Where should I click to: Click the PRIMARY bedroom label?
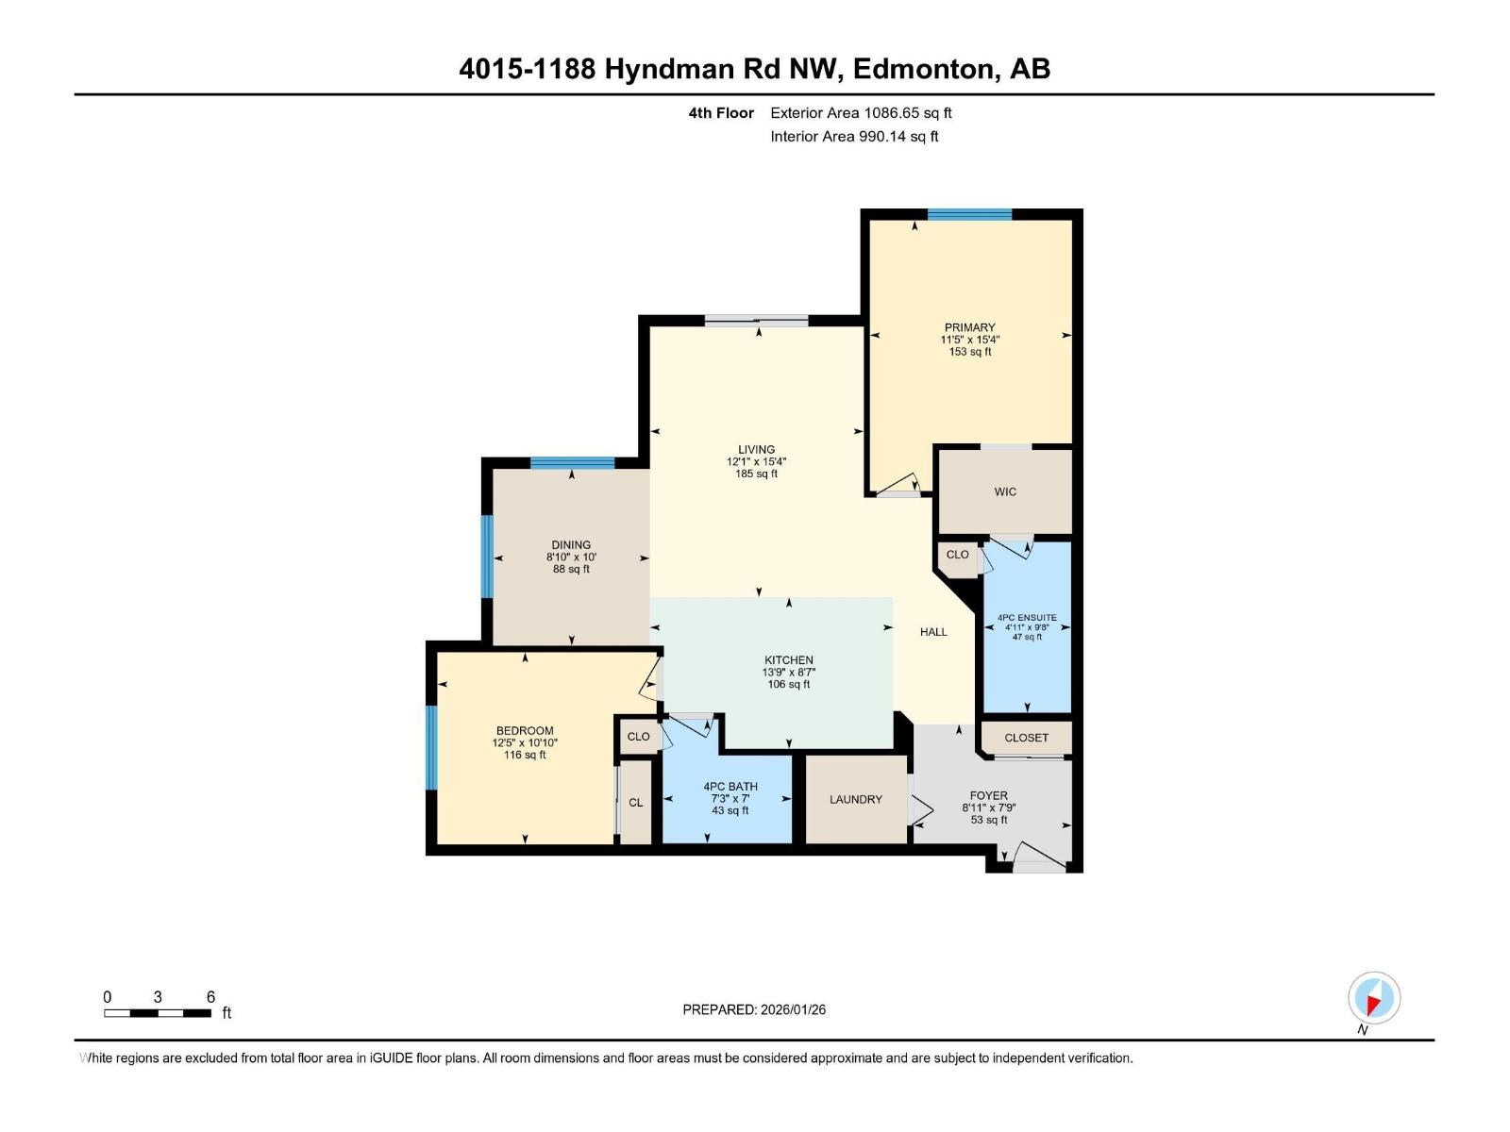pos(969,327)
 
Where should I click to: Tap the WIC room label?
pos(1005,491)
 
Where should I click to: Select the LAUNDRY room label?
pos(855,799)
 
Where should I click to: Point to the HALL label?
pos(933,632)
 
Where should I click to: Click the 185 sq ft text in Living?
pos(756,474)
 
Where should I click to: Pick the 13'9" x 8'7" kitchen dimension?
pos(788,673)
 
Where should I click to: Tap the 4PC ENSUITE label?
pos(1027,618)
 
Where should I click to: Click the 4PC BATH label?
pos(730,787)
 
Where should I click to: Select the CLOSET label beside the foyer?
pos(1026,738)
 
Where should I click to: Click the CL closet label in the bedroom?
pos(635,803)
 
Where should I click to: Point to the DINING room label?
pos(571,544)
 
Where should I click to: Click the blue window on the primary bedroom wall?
pos(969,214)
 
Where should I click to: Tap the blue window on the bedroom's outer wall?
pos(431,747)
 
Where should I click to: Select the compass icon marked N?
pos(1374,998)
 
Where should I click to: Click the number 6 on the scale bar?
pos(210,997)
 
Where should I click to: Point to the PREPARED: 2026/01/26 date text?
pos(754,1009)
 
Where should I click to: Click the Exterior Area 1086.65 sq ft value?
pos(861,113)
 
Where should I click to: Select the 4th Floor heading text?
pos(721,113)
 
